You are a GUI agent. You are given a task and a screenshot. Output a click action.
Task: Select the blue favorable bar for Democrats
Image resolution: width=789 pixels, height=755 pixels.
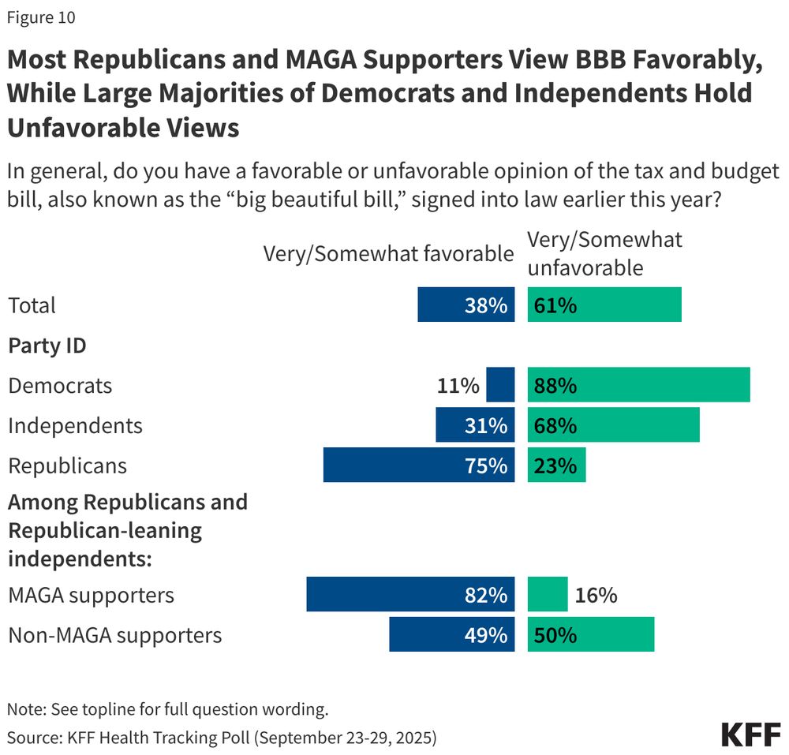(500, 385)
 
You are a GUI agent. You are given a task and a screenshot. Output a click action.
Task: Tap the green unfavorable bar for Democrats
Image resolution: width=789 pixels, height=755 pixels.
(638, 385)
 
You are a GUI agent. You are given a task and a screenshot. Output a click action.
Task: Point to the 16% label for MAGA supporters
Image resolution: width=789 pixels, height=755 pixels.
(596, 594)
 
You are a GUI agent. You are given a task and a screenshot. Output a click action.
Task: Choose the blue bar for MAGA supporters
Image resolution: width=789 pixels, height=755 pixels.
(410, 594)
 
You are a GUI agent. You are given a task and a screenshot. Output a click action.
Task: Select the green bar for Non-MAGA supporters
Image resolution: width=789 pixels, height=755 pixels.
(591, 634)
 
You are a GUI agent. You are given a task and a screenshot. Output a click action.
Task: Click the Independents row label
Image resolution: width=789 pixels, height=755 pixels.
(75, 425)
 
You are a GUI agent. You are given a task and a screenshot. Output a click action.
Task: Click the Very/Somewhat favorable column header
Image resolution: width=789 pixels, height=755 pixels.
(388, 253)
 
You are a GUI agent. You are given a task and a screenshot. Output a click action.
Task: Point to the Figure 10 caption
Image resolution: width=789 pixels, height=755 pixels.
(42, 17)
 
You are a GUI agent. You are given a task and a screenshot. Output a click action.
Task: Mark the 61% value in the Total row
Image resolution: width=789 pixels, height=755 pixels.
(553, 305)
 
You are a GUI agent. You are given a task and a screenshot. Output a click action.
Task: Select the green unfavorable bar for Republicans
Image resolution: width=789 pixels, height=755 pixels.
(557, 465)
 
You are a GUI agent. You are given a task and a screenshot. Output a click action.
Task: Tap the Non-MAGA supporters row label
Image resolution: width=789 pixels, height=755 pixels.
(114, 634)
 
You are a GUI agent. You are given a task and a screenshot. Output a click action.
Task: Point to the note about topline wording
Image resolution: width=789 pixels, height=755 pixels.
(166, 708)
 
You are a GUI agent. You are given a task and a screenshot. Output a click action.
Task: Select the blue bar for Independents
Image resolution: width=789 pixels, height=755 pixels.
(475, 425)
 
